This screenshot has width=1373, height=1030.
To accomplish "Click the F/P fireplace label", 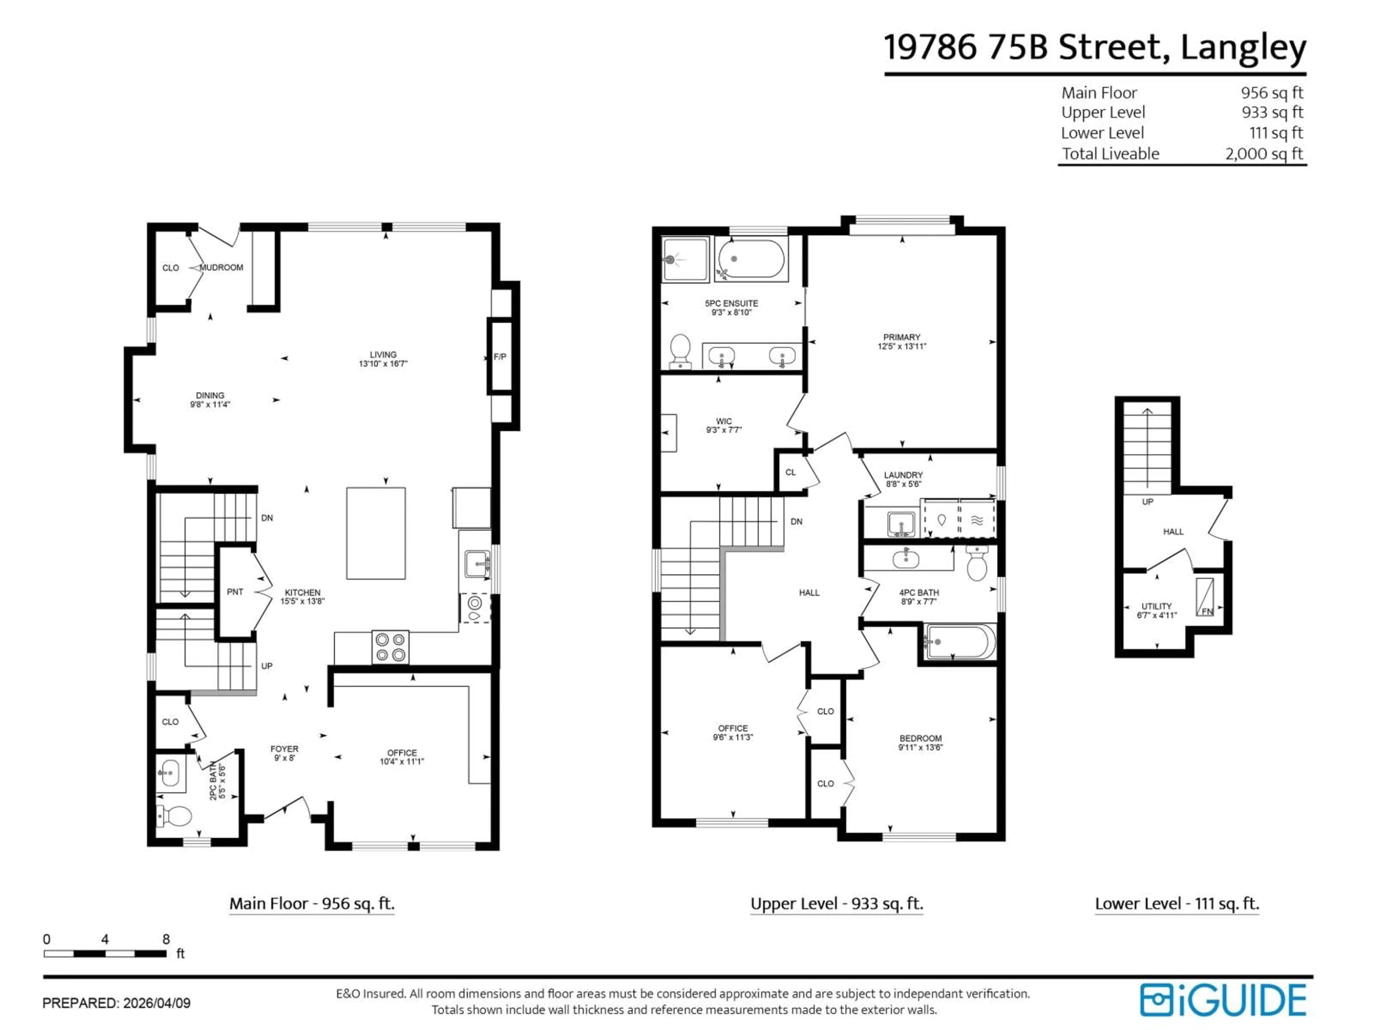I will (x=500, y=357).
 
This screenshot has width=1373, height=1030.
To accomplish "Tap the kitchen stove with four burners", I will (x=390, y=647).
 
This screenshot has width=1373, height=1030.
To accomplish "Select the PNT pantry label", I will (x=235, y=592).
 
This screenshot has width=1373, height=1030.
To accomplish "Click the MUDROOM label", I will (x=222, y=268).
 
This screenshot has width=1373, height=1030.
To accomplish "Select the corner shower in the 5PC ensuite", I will (x=685, y=259).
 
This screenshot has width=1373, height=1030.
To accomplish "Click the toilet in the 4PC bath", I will (x=977, y=564).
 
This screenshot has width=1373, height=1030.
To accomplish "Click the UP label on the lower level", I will (x=1148, y=502).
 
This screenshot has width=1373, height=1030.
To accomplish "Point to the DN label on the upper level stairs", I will (x=796, y=521).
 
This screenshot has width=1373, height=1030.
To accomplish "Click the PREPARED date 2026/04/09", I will (x=157, y=1003).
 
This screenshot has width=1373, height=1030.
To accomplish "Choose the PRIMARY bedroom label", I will (x=901, y=337).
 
